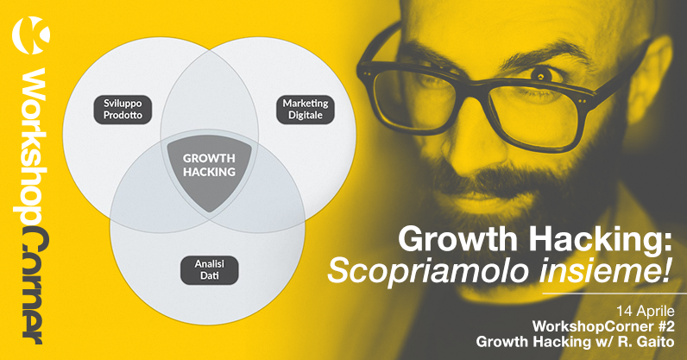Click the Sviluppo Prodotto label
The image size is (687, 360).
pos(123,110)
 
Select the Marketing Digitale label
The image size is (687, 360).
pos(306,110)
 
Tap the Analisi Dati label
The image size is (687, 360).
pos(210,270)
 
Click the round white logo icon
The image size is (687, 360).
pos(31,35)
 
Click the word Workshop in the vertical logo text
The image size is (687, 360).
pos(33,147)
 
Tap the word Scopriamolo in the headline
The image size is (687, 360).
pos(427,271)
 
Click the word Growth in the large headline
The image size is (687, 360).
pos(457,238)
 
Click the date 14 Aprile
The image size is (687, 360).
pos(646,312)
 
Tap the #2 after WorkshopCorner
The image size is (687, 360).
pos(665,326)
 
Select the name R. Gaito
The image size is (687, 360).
pos(646,341)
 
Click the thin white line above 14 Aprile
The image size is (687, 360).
pos(615,294)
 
